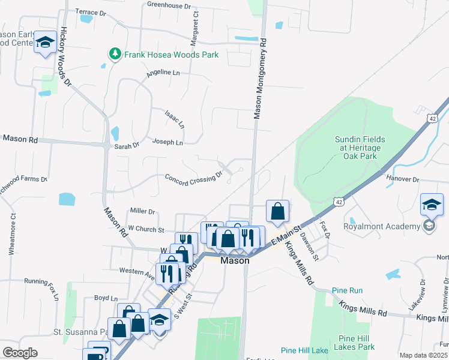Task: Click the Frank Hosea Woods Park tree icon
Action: [114, 55]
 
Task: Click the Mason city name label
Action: [235, 261]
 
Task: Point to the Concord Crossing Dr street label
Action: [193, 179]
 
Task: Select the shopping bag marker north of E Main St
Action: [277, 211]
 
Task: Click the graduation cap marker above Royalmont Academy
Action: [432, 205]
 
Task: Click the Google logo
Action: [20, 353]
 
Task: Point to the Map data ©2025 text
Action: [423, 355]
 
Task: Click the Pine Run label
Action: [348, 290]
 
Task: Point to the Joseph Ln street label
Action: [167, 143]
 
